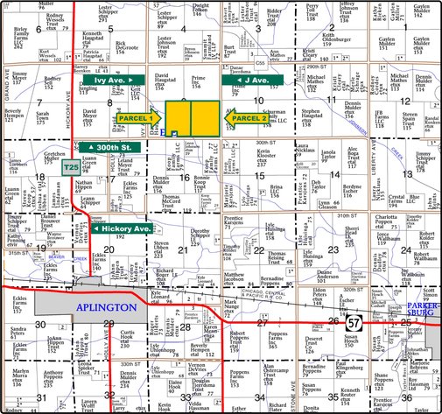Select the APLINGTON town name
tap(105, 308)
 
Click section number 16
tap(184, 178)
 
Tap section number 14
tap(335, 178)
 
